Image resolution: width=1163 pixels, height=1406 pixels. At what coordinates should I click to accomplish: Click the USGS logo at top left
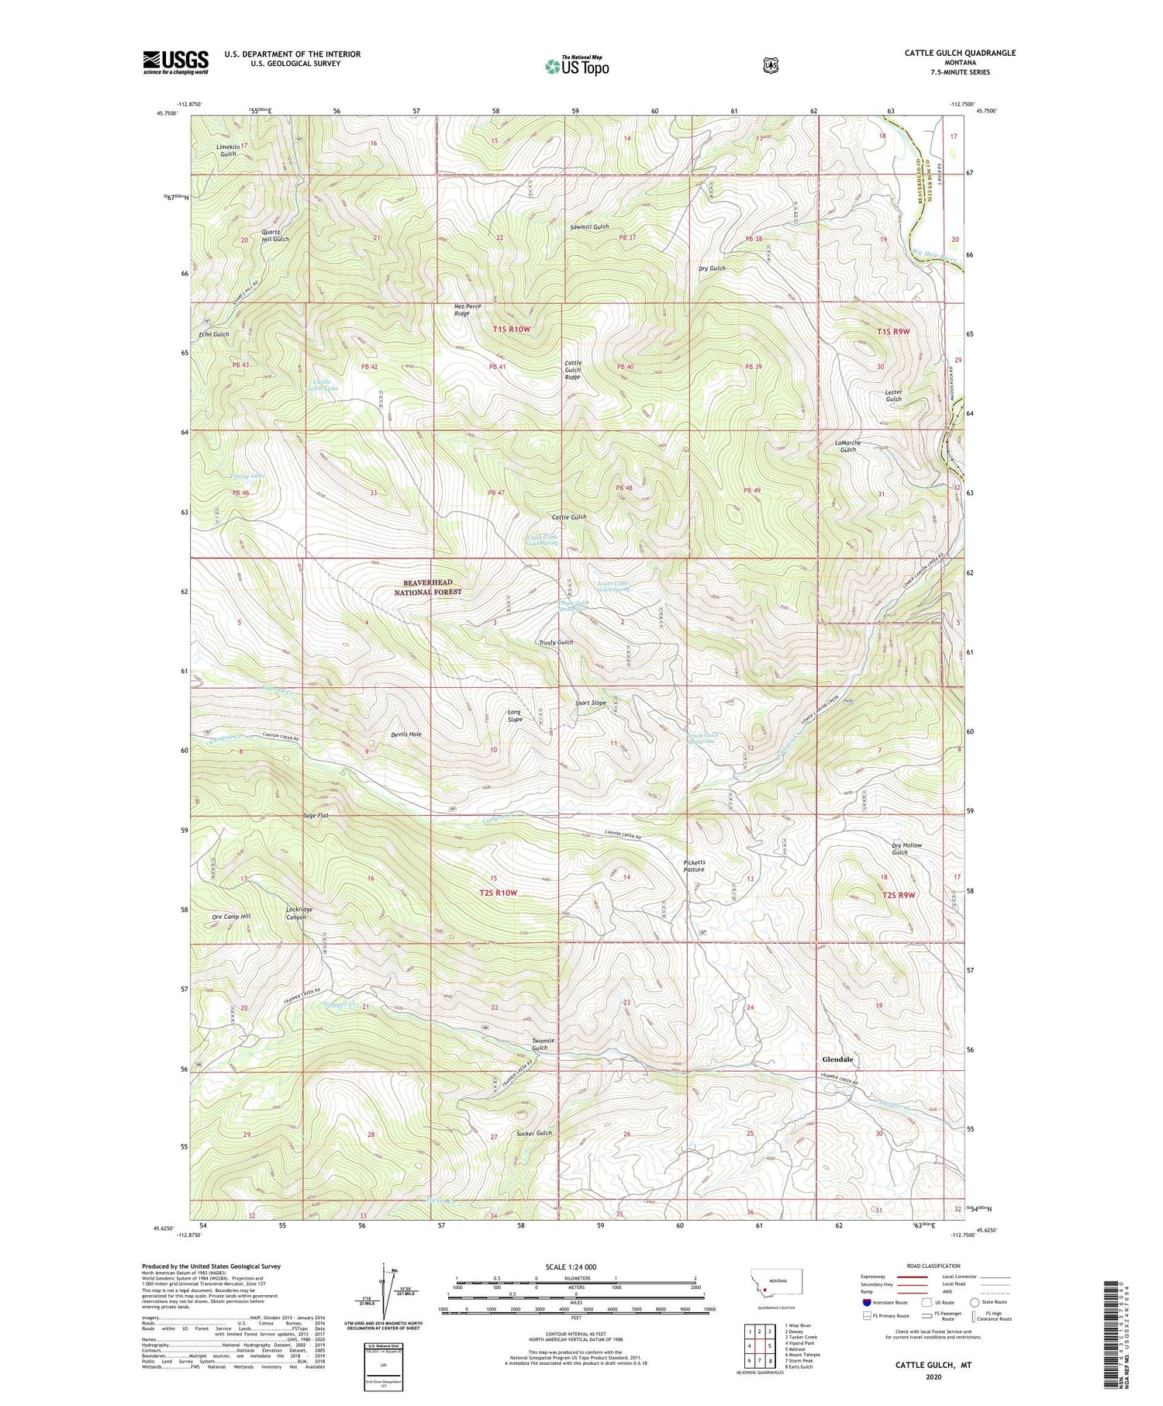(x=176, y=62)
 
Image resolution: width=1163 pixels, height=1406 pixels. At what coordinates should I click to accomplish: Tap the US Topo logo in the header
(x=577, y=66)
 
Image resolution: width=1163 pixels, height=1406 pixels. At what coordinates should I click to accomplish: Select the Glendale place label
(x=837, y=1059)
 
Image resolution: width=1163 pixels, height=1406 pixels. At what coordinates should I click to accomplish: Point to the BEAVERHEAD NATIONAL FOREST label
(x=427, y=587)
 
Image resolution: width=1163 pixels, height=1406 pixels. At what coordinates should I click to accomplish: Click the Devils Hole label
(x=406, y=734)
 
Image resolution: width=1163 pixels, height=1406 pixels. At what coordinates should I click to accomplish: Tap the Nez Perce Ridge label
(x=468, y=310)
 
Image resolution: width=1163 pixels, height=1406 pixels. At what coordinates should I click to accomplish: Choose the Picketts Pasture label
(x=694, y=865)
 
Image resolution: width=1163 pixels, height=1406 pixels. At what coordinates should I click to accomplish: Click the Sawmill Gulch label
(x=589, y=227)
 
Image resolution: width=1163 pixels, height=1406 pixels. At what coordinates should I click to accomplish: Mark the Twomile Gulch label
(x=540, y=1044)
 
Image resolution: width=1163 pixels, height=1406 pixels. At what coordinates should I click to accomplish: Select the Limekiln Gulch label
(x=227, y=150)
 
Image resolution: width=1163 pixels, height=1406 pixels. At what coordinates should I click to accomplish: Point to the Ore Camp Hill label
(x=231, y=917)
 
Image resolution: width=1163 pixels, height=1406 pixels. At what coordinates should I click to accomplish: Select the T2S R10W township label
(x=498, y=893)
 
